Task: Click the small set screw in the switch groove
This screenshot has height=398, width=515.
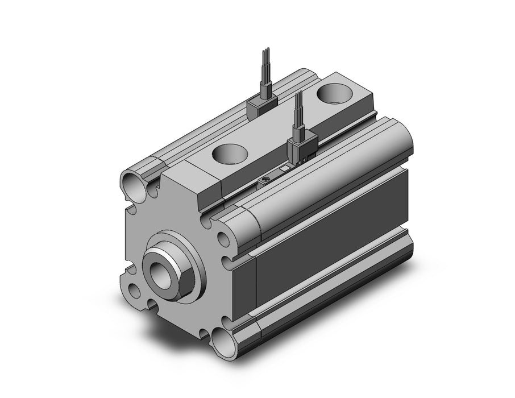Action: (268, 181)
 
